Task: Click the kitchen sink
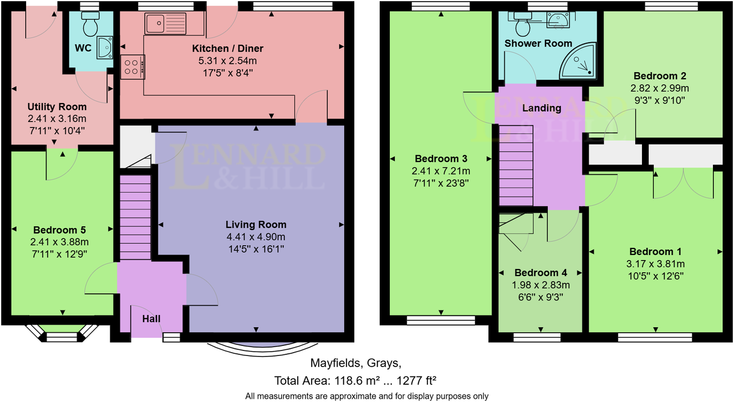(166, 23)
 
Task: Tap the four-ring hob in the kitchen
(132, 67)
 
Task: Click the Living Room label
(256, 225)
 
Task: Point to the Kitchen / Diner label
(236, 48)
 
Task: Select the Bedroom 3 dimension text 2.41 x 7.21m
(441, 171)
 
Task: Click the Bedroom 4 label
(541, 273)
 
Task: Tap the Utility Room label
(57, 106)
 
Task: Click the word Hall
(151, 319)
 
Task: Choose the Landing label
(542, 108)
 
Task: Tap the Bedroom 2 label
(656, 76)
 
